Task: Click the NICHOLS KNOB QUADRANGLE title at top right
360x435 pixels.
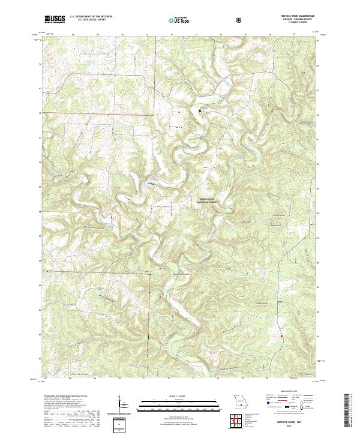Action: (296, 16)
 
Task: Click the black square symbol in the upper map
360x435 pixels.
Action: (200, 110)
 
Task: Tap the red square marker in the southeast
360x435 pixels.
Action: (281, 336)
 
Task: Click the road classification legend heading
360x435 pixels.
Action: (291, 394)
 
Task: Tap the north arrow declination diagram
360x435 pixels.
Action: (123, 403)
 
